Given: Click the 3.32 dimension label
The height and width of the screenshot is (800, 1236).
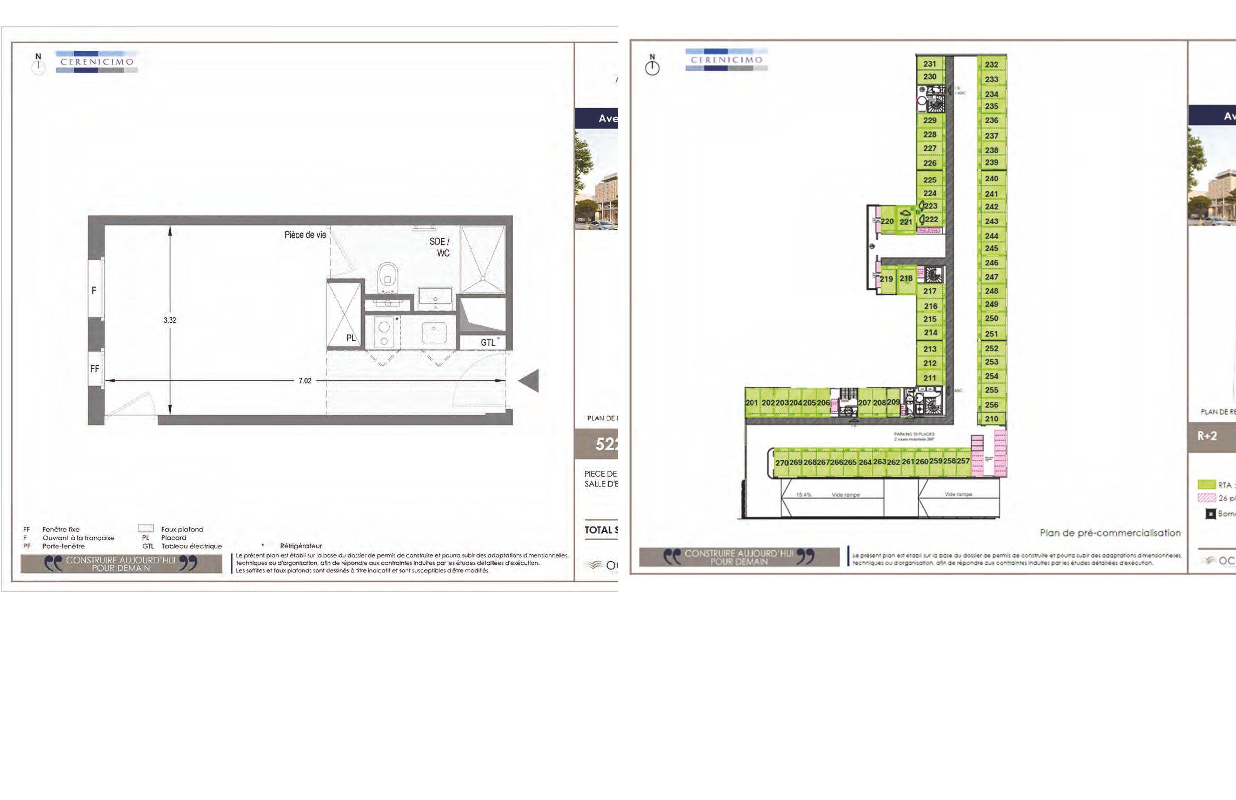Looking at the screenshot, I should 170,320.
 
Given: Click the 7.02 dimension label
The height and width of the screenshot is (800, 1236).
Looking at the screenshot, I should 305,381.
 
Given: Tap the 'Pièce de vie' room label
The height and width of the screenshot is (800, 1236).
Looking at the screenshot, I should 305,235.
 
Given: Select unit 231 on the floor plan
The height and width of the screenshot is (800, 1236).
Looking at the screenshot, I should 930,64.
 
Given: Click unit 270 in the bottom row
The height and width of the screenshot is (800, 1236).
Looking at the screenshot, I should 782,463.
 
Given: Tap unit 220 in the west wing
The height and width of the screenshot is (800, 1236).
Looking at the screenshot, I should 887,221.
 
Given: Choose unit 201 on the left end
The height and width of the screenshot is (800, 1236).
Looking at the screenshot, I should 752,403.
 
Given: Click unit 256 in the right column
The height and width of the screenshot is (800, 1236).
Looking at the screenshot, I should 991,405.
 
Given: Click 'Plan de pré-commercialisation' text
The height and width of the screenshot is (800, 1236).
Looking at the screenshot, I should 1110,533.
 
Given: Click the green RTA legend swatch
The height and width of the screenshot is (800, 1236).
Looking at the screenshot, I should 1206,485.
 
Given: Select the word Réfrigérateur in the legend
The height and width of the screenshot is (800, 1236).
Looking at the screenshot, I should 301,546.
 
